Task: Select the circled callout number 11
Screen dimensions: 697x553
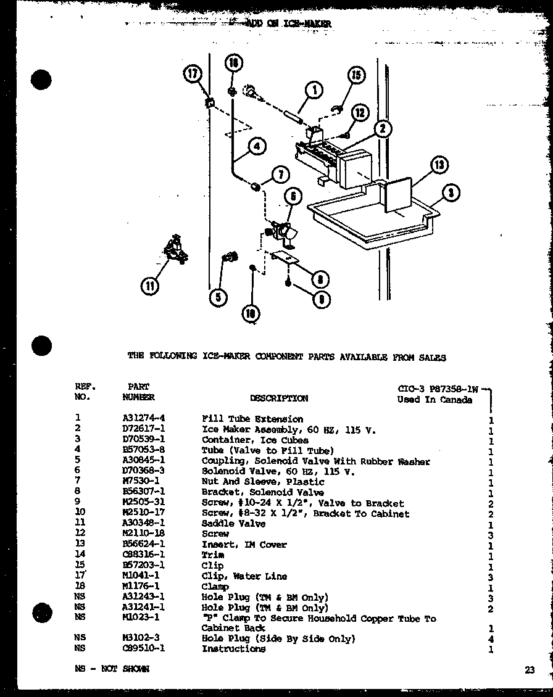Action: [x=150, y=286]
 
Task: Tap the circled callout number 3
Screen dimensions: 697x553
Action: [x=452, y=192]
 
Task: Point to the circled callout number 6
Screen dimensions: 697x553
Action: [x=293, y=197]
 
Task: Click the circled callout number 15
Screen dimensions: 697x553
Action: [x=355, y=75]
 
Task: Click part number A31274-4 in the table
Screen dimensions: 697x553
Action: [x=143, y=419]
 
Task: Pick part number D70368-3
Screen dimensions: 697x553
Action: [x=143, y=471]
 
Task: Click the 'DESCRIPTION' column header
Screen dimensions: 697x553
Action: [x=278, y=398]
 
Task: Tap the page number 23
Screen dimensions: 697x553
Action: [x=530, y=671]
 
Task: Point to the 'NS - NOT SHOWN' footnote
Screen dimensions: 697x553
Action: [x=111, y=669]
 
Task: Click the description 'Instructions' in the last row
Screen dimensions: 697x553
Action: [x=233, y=649]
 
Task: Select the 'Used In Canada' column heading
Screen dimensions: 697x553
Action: [x=434, y=400]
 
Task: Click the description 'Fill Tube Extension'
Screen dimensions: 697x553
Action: [x=252, y=419]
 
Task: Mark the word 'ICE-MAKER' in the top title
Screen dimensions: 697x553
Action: [x=308, y=23]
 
